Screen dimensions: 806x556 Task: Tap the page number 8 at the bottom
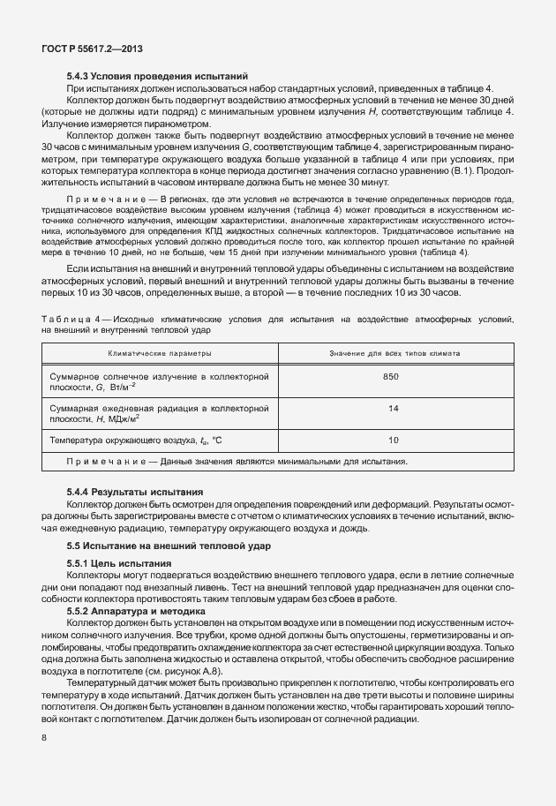(45, 735)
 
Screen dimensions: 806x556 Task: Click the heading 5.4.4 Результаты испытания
(135, 491)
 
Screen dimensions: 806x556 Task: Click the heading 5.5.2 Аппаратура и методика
(137, 610)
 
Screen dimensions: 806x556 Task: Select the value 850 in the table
(393, 377)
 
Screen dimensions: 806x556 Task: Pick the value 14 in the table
(393, 409)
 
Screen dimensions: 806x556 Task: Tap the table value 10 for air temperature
(393, 439)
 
